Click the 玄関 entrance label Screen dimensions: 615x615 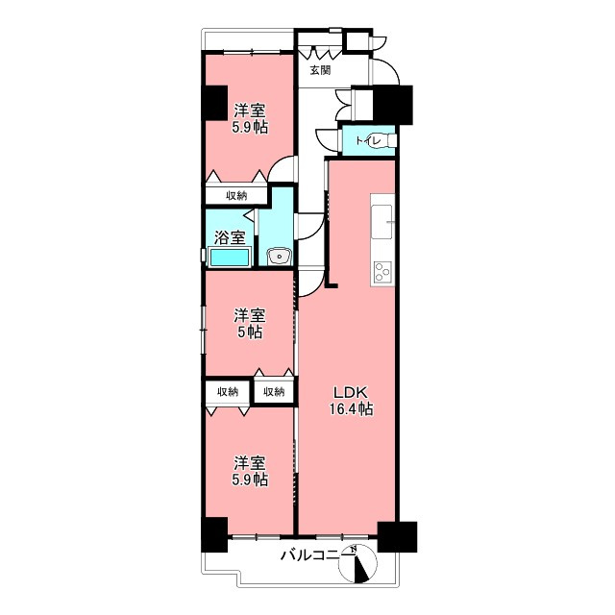[x=320, y=70]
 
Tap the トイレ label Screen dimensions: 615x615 [x=368, y=141]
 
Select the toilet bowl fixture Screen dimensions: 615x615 [x=388, y=140]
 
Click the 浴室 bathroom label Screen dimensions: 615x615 [x=230, y=237]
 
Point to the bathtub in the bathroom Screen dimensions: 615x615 [x=230, y=258]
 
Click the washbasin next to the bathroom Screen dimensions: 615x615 [x=279, y=257]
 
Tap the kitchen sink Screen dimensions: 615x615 [x=381, y=222]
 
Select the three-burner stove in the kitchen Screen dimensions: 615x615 [x=382, y=271]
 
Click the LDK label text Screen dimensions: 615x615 [x=350, y=392]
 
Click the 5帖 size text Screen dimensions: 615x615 [x=250, y=332]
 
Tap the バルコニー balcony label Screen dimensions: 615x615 [x=317, y=555]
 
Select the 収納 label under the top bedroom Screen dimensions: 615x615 [x=236, y=195]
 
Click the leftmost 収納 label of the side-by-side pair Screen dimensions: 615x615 [x=228, y=391]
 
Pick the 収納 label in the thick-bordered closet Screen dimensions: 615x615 [x=274, y=391]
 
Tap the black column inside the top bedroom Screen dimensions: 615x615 [x=214, y=103]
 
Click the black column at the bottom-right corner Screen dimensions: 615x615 [x=397, y=537]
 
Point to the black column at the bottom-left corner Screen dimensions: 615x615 [x=214, y=534]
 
